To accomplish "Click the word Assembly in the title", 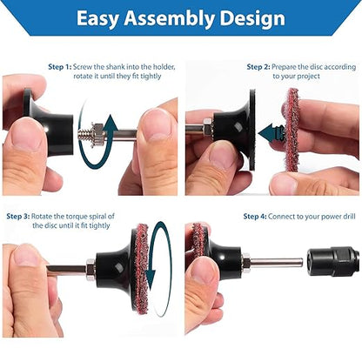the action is (170, 18).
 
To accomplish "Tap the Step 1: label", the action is (60, 67).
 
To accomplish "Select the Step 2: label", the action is (258, 67).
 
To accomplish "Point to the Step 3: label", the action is (18, 217).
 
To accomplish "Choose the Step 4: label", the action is (255, 217).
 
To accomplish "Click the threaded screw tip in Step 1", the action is (84, 135).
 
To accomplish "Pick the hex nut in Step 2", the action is (208, 128).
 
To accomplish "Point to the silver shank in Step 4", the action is (276, 263).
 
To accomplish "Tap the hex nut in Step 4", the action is (245, 263).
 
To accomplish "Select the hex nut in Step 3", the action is (90, 270).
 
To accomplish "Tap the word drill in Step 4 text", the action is (347, 217).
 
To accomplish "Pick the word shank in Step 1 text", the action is (115, 67).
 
